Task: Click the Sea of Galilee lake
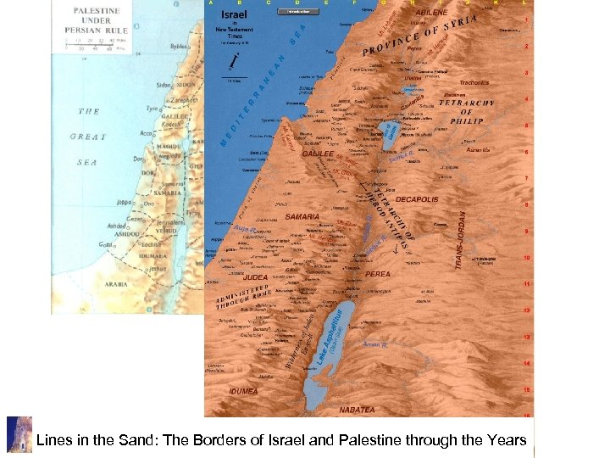point(389,131)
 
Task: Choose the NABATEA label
point(356,410)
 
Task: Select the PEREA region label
point(378,274)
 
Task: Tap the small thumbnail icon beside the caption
point(19,434)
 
